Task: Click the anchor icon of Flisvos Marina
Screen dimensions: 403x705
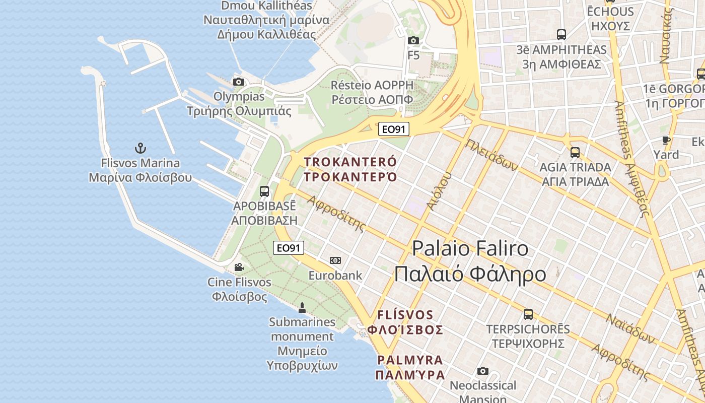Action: click(x=140, y=148)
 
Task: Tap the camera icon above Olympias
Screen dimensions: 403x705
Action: click(x=239, y=82)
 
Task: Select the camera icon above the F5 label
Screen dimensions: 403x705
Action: click(x=413, y=40)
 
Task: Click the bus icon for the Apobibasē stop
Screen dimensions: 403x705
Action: click(x=264, y=191)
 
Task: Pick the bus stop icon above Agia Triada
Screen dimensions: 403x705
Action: click(x=575, y=152)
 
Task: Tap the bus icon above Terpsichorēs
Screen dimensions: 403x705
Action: click(x=528, y=314)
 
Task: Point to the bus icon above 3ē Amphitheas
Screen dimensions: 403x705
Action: click(x=561, y=35)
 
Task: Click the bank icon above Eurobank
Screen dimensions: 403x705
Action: click(x=335, y=260)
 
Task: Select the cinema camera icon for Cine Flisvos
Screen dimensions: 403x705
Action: click(x=239, y=267)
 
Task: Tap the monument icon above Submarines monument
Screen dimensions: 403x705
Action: click(x=302, y=307)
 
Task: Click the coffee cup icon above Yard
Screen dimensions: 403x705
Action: click(x=666, y=140)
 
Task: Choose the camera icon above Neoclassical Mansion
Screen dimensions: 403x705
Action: click(x=483, y=371)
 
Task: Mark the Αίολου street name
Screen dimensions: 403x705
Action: click(x=439, y=191)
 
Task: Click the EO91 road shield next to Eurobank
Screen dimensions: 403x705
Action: click(x=289, y=248)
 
